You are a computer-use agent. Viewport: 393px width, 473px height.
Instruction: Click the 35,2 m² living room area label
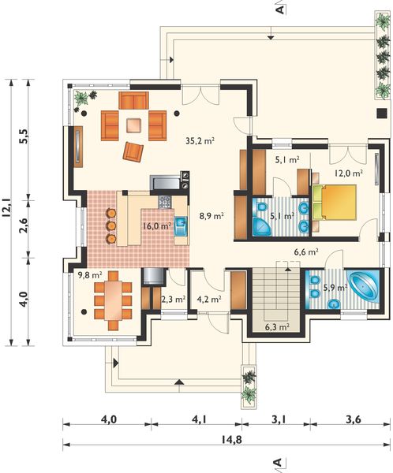point(200,140)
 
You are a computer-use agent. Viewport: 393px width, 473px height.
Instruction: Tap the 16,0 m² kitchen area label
point(157,226)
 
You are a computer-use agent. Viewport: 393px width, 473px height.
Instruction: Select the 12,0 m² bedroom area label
point(349,173)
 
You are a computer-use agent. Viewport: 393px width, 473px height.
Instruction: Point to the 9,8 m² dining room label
point(90,275)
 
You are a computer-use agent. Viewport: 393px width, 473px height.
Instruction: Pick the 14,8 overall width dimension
point(231,440)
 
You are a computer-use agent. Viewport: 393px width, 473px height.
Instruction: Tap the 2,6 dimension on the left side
point(24,225)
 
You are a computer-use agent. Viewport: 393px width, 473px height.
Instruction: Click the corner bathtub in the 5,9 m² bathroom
point(365,285)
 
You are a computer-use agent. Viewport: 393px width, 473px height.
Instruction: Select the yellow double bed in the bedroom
point(335,202)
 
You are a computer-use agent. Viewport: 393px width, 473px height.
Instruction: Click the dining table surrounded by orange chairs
point(113,300)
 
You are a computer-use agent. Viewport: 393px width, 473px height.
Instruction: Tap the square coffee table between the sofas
point(134,125)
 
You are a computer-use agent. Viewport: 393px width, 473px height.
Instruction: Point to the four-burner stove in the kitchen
point(165,202)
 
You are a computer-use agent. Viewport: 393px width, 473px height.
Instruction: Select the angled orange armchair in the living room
point(133,151)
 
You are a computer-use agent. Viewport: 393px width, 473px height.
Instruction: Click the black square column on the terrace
point(382,113)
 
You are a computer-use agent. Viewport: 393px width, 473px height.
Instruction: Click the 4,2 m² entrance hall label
point(209,299)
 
